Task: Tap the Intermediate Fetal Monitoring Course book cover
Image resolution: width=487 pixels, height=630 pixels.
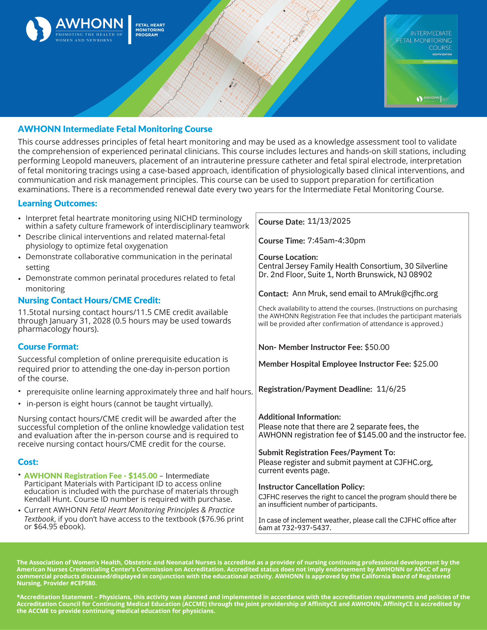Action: tap(421, 61)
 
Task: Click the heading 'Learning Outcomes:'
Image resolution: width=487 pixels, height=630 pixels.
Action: tap(57, 203)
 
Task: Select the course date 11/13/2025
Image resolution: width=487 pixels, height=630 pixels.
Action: tap(329, 221)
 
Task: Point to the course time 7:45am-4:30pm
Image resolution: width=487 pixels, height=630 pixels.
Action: tap(336, 241)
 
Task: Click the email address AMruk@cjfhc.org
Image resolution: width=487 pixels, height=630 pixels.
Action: tap(408, 294)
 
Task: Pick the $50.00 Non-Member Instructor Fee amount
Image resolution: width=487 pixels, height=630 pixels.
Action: tap(377, 347)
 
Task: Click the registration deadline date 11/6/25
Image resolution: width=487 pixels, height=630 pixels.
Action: tap(391, 389)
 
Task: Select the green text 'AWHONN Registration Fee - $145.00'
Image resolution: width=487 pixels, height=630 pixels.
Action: tap(90, 476)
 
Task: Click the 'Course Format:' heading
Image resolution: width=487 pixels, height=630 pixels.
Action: tap(48, 347)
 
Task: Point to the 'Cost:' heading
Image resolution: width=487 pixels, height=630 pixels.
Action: tap(28, 462)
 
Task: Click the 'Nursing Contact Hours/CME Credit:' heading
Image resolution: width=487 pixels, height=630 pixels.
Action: tap(89, 301)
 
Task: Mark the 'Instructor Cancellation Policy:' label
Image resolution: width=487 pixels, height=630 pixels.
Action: tap(311, 487)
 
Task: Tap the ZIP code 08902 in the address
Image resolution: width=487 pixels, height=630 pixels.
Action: tap(420, 275)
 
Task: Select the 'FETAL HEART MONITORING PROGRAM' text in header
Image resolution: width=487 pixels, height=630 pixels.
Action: tap(150, 30)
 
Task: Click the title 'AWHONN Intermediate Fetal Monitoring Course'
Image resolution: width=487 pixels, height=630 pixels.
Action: tap(115, 129)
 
